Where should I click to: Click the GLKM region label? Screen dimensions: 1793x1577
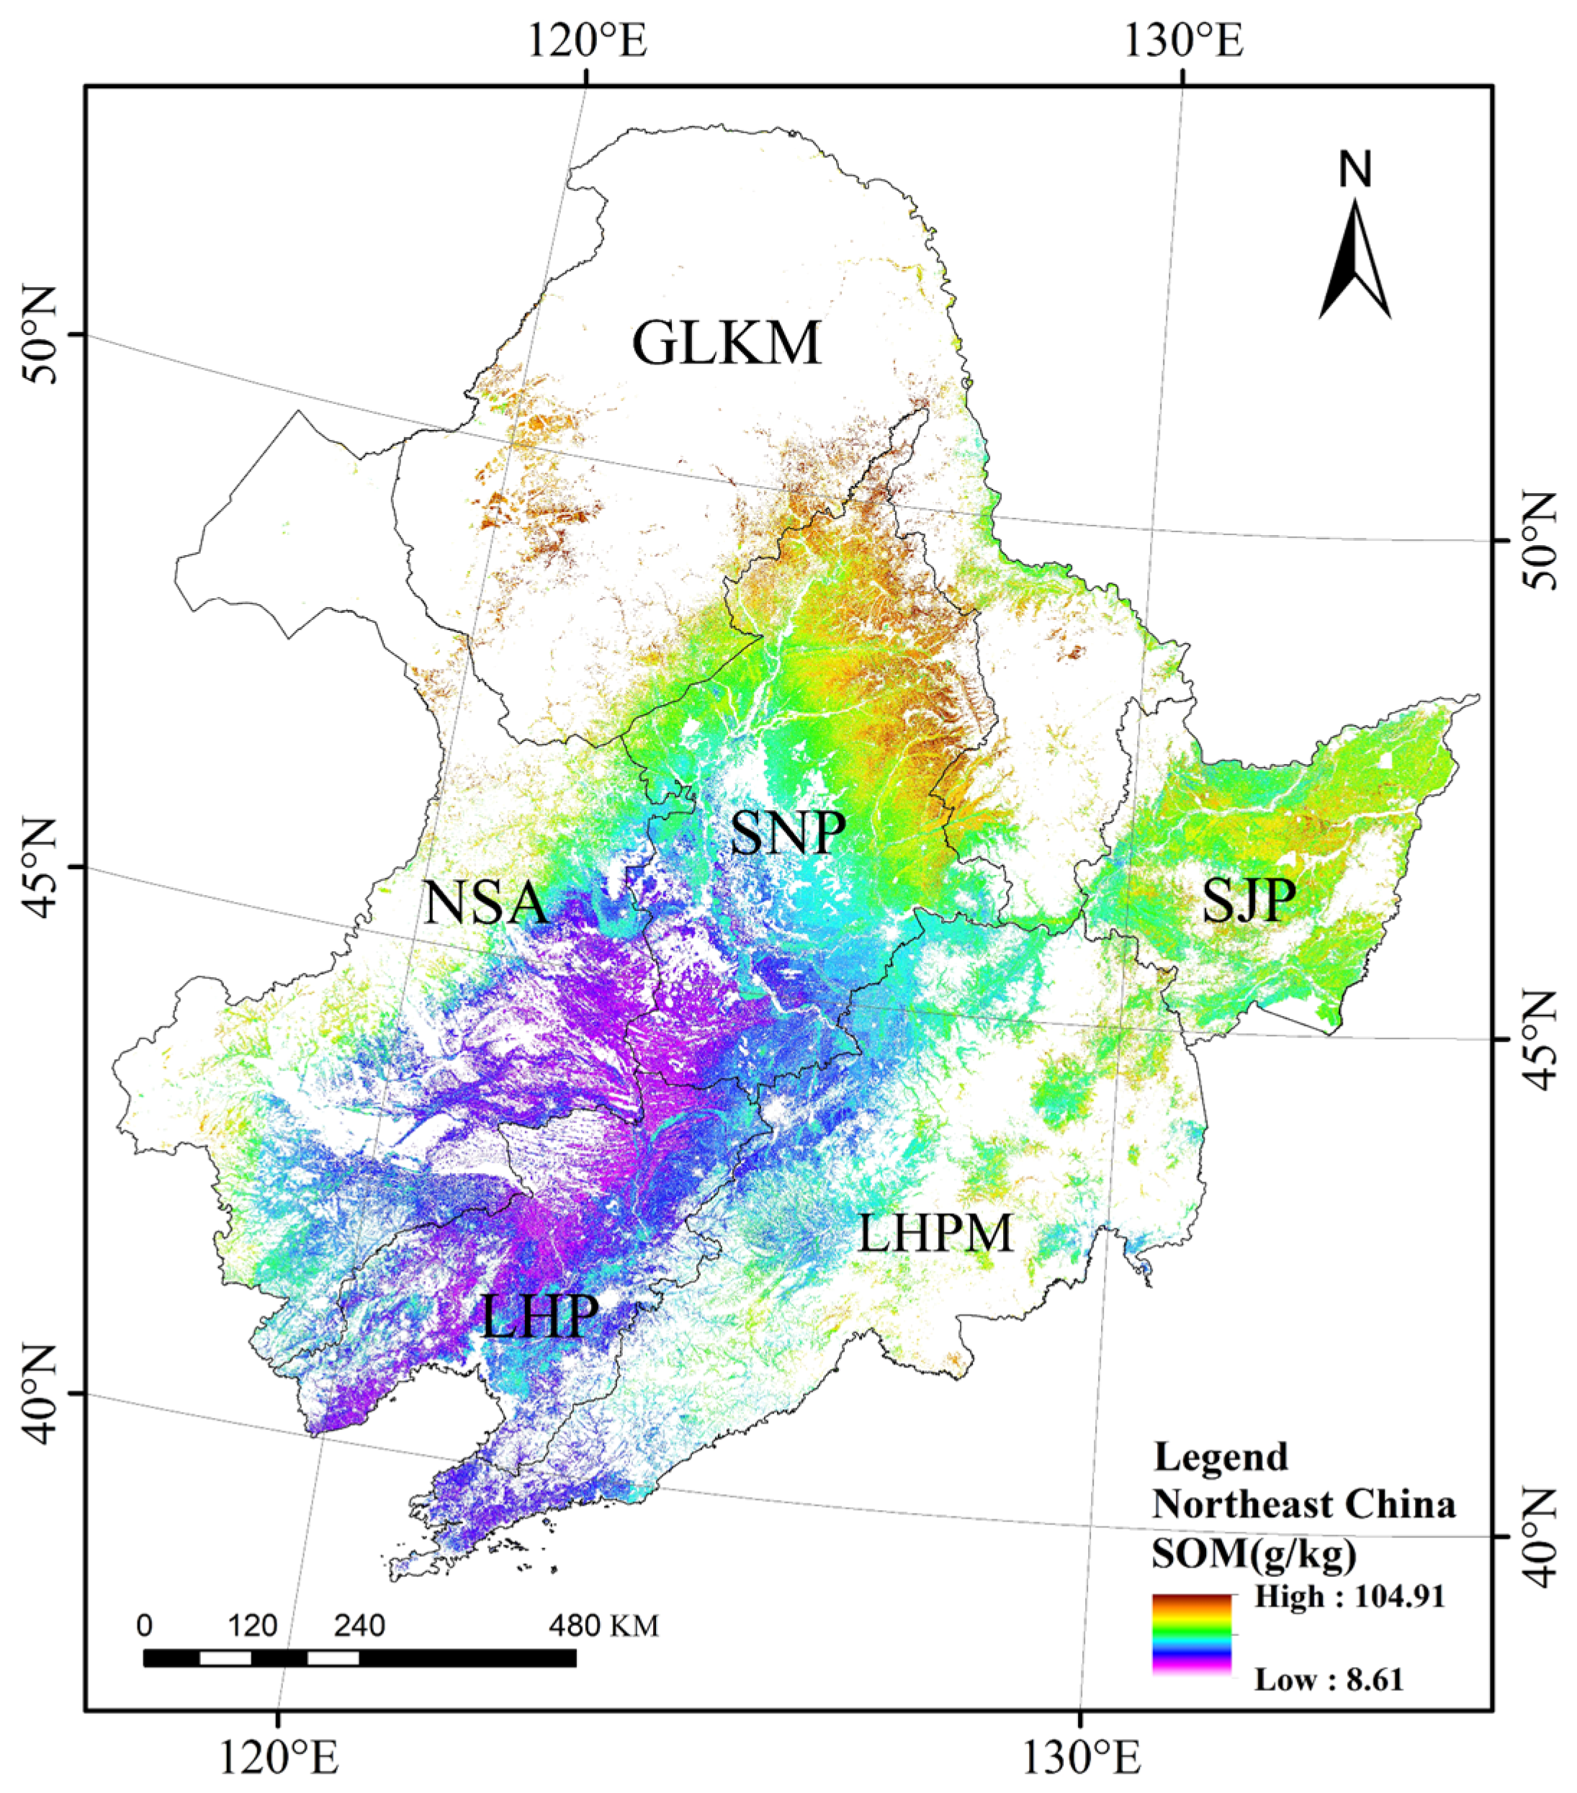pos(727,344)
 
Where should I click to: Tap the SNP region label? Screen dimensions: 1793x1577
pos(788,832)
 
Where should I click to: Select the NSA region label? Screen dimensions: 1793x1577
pos(486,904)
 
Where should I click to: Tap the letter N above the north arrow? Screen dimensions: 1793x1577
pos(1354,169)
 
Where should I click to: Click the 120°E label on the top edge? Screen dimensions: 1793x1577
pos(588,40)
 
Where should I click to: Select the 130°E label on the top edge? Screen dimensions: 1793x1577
pos(1184,40)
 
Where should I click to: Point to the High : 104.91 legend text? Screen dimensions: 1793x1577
pos(1349,1596)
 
